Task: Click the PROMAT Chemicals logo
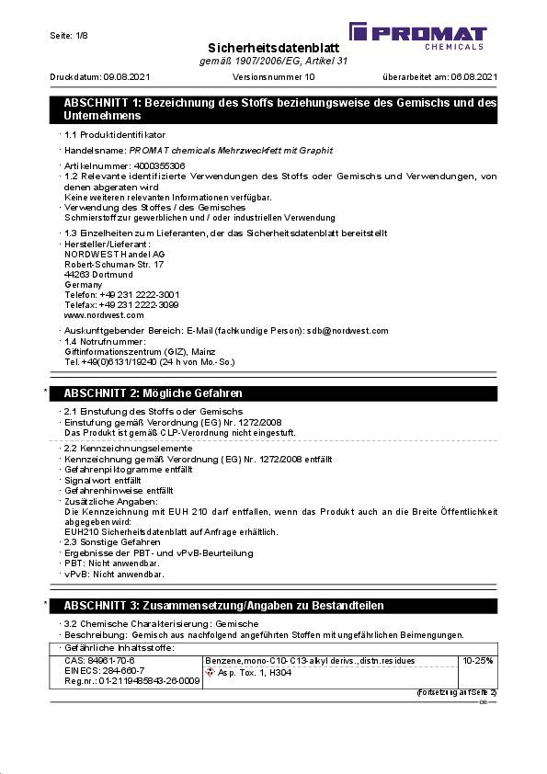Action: tap(430, 36)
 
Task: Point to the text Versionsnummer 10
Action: tap(275, 77)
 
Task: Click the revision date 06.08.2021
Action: tap(470, 77)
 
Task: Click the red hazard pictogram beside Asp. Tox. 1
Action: tap(211, 672)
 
